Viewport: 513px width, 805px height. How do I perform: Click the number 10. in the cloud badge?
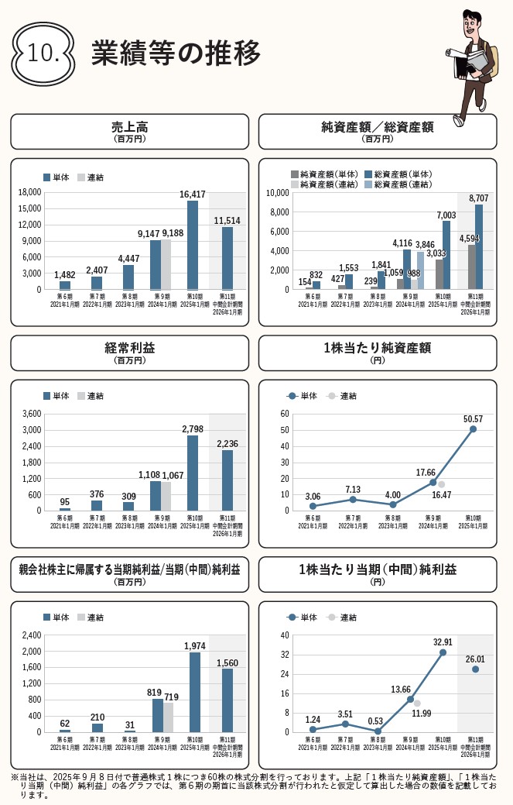pos(43,53)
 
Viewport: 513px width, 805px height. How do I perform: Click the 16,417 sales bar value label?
pos(193,194)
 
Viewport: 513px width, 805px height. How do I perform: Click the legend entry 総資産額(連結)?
pos(403,184)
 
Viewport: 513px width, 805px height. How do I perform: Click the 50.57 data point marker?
pos(473,429)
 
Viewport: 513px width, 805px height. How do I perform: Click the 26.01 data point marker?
pos(475,669)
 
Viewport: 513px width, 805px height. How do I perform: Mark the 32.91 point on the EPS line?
pos(443,652)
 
